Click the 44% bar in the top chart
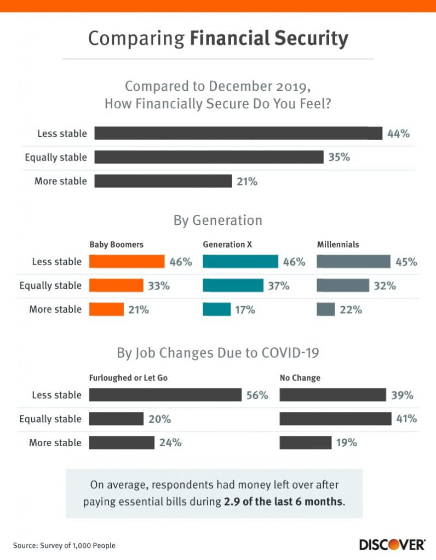coord(238,133)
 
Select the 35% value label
coord(339,157)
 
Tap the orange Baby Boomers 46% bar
coord(127,261)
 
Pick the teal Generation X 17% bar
coord(217,310)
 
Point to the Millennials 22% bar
coord(325,310)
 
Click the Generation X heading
coord(227,244)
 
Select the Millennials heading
coord(338,244)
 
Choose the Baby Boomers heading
coord(116,244)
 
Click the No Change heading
coord(300,378)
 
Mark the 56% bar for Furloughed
coord(165,395)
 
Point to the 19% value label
coord(346,443)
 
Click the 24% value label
coord(170,443)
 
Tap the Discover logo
coord(392,544)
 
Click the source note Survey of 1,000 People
coord(64,545)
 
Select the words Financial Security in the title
coord(269,39)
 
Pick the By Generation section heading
coord(218,220)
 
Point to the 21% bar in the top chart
coord(163,181)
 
